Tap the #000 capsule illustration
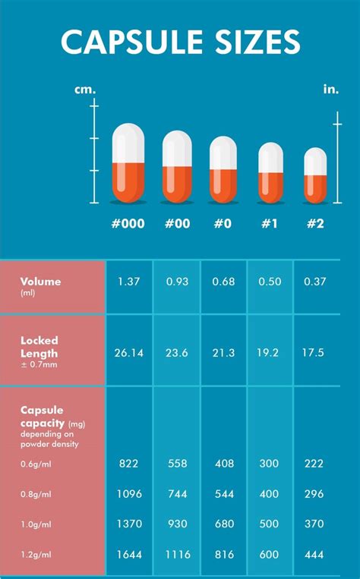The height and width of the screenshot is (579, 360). point(128,163)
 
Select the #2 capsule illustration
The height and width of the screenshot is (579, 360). point(315,175)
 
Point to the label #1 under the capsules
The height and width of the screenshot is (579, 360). point(270,225)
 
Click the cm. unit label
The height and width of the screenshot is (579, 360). point(85,89)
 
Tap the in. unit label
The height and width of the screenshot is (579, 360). point(331,89)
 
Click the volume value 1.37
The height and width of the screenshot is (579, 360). point(129,282)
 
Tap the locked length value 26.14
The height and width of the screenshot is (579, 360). point(129,352)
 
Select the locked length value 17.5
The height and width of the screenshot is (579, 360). point(316,352)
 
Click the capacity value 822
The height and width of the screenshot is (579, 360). point(129,463)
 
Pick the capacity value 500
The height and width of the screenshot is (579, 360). point(270,524)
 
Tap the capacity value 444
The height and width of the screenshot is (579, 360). point(316,555)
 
